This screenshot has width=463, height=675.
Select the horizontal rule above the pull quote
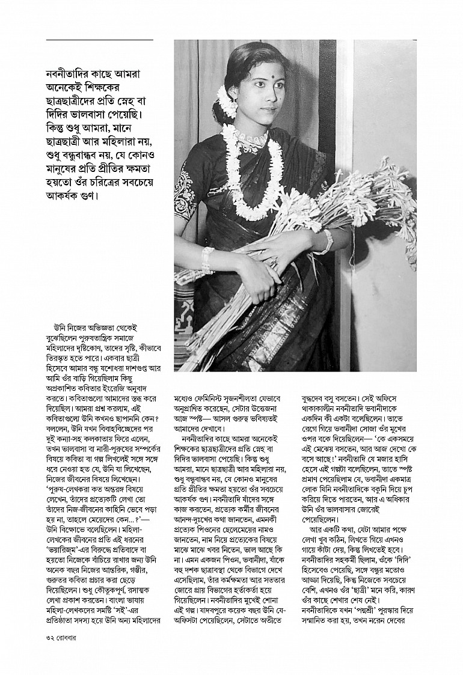coord(99,40)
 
